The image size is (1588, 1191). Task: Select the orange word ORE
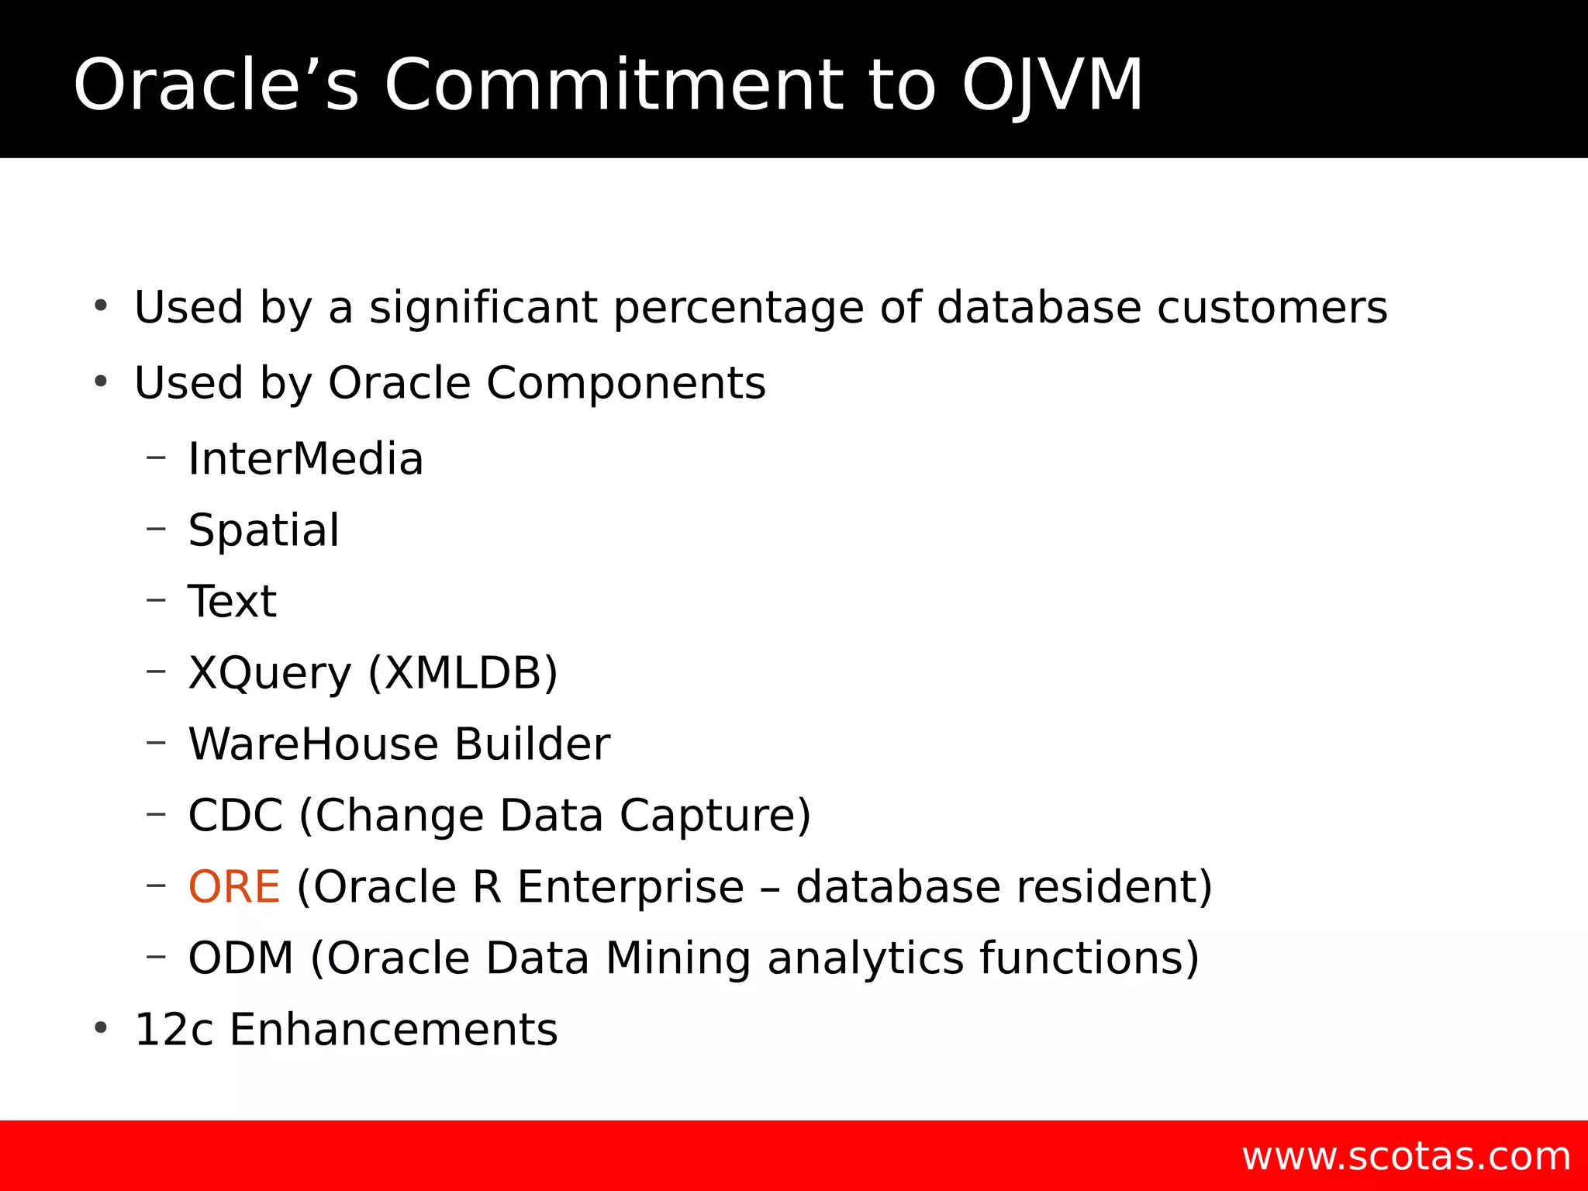click(234, 887)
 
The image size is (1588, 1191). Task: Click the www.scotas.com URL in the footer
click(1406, 1156)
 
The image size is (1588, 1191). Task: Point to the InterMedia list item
click(306, 459)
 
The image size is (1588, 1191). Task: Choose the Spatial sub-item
click(264, 530)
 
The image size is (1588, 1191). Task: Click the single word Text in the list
click(232, 602)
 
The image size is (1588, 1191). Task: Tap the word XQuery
click(270, 673)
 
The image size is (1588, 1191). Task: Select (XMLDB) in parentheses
click(463, 673)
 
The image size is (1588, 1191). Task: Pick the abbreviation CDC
click(236, 816)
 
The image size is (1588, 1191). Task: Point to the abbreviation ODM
click(240, 958)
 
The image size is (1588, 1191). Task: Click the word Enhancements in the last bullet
click(393, 1030)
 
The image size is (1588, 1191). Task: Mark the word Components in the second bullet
click(625, 383)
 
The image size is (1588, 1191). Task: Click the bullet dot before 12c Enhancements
click(100, 1028)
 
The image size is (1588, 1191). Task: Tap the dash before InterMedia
click(156, 457)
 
